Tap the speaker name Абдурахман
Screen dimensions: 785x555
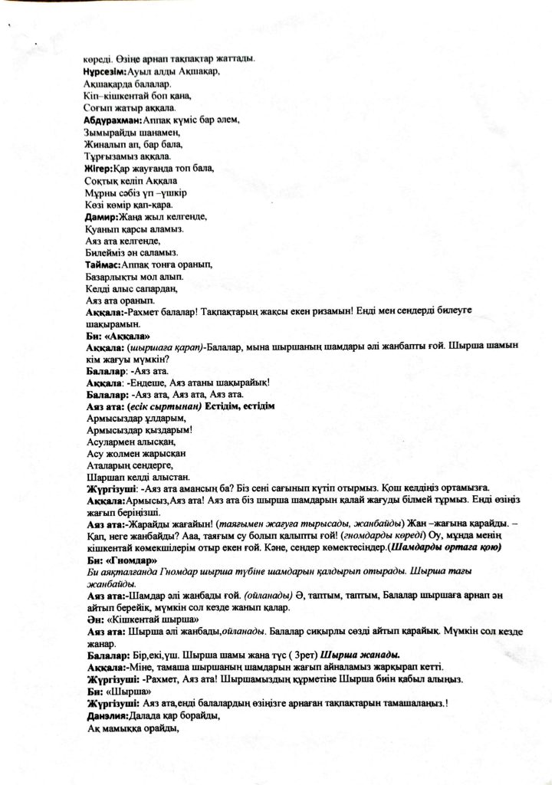pos(113,120)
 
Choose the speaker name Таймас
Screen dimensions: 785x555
pos(103,264)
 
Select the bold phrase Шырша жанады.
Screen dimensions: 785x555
pos(360,655)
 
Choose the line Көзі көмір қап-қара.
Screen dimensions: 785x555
pos(128,205)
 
